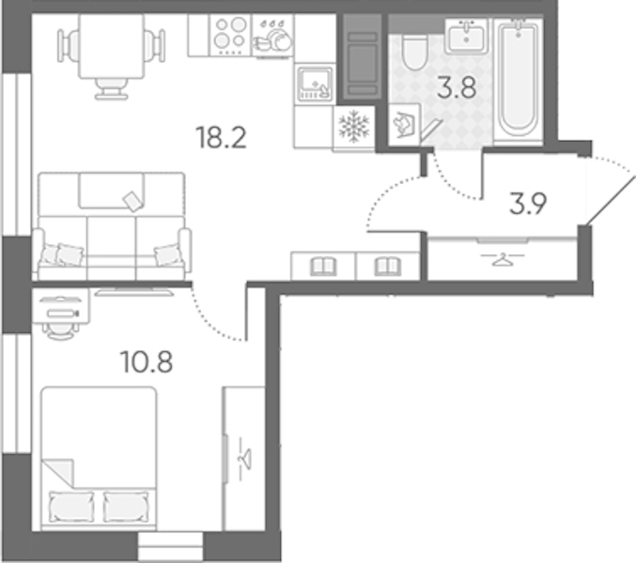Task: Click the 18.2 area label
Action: pos(221,138)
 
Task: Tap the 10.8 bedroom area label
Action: pos(147,361)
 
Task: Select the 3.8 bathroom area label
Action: pos(457,88)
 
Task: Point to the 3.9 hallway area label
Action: pos(528,204)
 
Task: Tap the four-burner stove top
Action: pos(230,36)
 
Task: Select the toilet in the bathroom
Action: pos(414,52)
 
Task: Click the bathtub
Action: pos(519,80)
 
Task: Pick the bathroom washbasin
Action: pos(467,36)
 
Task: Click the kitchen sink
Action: pos(315,84)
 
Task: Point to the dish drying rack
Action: pos(272,36)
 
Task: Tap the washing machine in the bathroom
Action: pos(404,125)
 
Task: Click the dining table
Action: pos(112,46)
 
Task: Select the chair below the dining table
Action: pos(112,89)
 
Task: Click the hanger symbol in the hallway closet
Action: pos(503,258)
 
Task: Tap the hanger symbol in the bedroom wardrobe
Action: pos(244,459)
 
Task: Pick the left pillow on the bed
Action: pos(71,507)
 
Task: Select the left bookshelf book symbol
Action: pos(323,267)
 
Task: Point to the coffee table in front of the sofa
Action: pos(112,190)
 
